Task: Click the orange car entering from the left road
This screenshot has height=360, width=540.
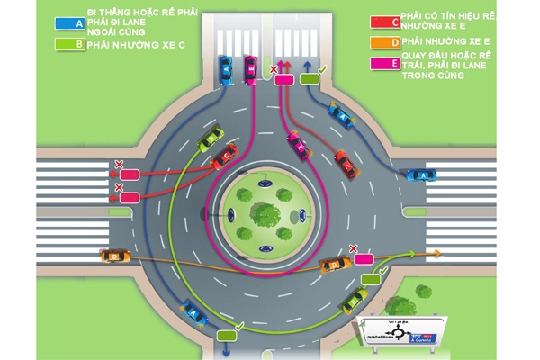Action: coord(113,257)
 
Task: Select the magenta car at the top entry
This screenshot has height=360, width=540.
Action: coord(248,69)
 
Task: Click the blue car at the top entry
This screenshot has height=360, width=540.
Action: coord(227,68)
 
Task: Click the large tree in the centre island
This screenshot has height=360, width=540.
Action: coord(264,212)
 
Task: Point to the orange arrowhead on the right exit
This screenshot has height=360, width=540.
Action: coord(438,254)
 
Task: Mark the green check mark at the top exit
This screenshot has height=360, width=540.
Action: coord(323,67)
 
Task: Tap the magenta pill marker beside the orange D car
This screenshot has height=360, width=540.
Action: coord(364,259)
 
